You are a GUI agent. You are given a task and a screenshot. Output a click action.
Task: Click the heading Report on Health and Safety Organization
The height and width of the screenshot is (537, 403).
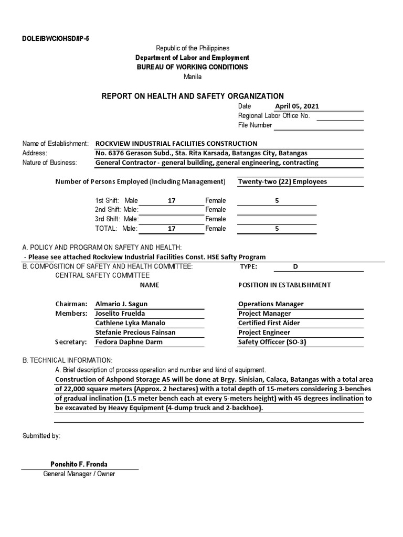tap(192, 96)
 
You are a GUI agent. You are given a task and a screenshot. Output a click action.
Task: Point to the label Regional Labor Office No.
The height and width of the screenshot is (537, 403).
tap(274, 115)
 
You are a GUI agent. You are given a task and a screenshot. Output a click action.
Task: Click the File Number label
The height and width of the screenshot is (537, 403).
tap(255, 125)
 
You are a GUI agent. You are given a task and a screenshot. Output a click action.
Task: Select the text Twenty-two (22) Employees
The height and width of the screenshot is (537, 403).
tap(282, 181)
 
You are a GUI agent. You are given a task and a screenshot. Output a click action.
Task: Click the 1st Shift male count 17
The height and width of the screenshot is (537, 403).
tap(172, 200)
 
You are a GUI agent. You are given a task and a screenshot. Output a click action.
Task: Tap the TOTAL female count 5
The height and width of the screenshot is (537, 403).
tap(277, 229)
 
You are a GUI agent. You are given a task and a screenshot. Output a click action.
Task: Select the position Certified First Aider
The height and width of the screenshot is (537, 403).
tap(269, 323)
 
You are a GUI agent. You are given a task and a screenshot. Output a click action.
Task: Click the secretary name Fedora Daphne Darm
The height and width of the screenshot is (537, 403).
tap(129, 342)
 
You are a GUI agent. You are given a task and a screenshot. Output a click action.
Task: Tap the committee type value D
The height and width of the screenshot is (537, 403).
tap(295, 266)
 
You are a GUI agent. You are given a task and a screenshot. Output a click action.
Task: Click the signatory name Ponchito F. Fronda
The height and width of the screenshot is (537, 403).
tap(79, 464)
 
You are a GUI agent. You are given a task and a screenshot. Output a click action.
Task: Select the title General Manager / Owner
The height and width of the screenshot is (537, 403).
tap(79, 474)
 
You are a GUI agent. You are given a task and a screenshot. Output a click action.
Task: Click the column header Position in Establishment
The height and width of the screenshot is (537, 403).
tap(284, 285)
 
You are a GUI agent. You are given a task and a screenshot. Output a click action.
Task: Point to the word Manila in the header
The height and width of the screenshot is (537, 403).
tap(192, 77)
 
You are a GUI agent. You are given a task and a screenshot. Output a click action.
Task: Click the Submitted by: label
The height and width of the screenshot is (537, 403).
tap(41, 436)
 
